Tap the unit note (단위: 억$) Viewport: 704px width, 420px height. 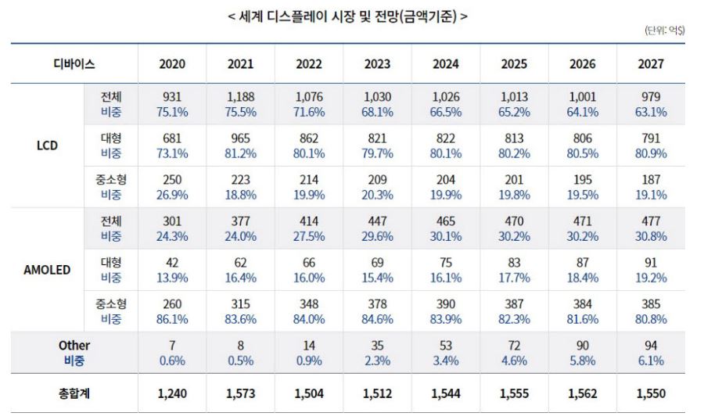tap(664, 31)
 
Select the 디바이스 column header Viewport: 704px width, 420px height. tap(74, 64)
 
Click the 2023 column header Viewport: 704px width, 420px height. tap(377, 64)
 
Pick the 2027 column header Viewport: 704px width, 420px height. tap(650, 64)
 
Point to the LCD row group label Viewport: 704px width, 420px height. tap(47, 145)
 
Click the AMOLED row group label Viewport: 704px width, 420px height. tap(47, 270)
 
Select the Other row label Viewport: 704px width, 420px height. tap(74, 345)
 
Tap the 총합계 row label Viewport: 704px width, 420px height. tap(74, 393)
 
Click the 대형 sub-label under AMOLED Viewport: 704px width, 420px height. tap(110, 263)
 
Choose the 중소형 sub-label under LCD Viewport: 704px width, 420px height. tap(110, 180)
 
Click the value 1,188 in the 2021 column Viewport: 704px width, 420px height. tap(240, 97)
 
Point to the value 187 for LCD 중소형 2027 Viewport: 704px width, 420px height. tap(650, 180)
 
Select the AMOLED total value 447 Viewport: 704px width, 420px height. tap(377, 221)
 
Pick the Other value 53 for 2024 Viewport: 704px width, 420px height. tap(446, 345)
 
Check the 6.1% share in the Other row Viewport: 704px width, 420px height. tap(650, 361)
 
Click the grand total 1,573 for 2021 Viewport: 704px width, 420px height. tap(240, 393)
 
